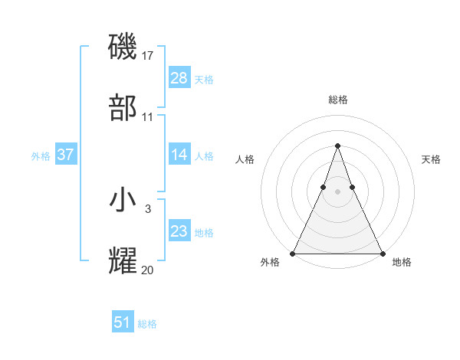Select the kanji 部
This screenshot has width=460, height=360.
pos(124,108)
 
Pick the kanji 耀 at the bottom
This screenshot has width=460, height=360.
pos(124,260)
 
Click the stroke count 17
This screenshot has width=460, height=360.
pos(149,56)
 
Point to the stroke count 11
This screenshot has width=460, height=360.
pos(148,117)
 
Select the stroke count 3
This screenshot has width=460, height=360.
pos(148,208)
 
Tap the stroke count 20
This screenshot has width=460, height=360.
pos(148,270)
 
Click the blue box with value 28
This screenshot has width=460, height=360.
pos(179,78)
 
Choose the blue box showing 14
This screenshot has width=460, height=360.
pos(179,155)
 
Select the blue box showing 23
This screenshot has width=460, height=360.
pos(179,231)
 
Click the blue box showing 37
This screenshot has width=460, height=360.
pos(66,155)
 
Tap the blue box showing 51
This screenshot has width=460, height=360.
pos(123,322)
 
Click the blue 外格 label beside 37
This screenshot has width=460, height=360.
pos(41,155)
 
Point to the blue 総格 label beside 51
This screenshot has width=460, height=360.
pos(147,324)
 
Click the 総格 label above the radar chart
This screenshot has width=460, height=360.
pos(338,100)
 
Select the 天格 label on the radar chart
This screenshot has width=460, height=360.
pos(432,159)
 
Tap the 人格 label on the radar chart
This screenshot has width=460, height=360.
pos(245,159)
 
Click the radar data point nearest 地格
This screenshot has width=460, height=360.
pos(383,254)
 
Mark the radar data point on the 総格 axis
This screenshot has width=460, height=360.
pos(338,146)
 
